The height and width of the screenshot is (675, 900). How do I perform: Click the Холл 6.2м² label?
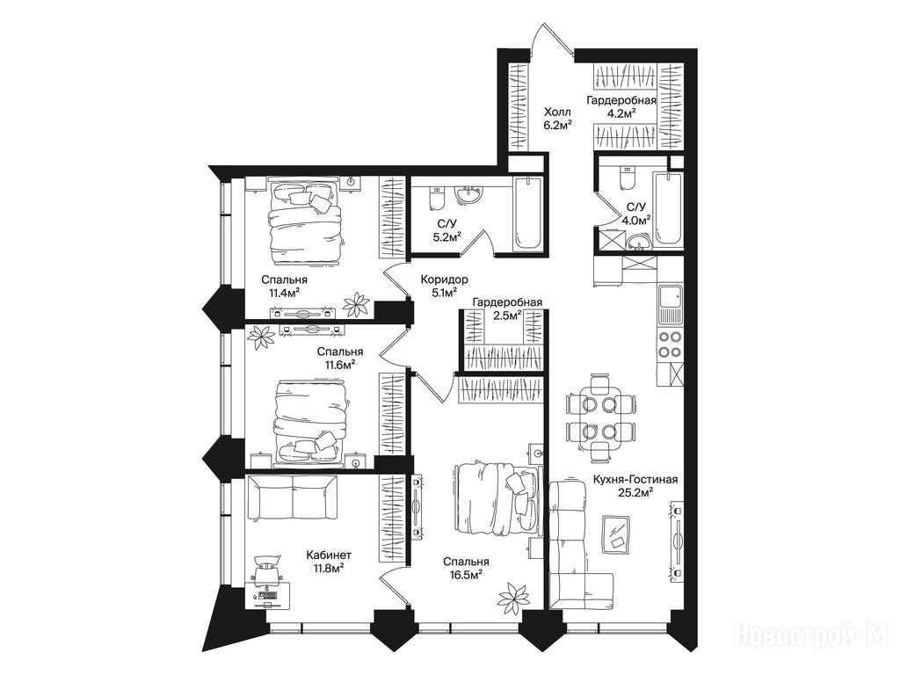click(x=556, y=118)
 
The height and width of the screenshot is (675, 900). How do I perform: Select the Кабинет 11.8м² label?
click(x=329, y=562)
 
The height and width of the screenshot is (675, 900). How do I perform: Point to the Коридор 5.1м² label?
click(x=444, y=286)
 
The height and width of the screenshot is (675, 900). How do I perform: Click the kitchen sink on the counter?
click(x=670, y=304)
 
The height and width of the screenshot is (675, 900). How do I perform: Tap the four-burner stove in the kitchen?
click(x=670, y=345)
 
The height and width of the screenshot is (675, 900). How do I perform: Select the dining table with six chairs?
click(x=600, y=417)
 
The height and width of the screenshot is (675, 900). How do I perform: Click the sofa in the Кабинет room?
click(x=292, y=498)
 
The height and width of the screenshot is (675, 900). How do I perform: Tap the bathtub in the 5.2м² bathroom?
click(x=528, y=214)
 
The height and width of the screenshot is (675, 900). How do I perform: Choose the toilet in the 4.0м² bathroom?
click(x=627, y=177)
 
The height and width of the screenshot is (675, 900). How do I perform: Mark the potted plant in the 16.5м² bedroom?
click(x=512, y=598)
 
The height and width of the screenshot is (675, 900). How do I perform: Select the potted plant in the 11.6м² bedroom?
click(x=263, y=337)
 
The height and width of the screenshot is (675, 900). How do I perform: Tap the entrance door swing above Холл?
click(x=553, y=39)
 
